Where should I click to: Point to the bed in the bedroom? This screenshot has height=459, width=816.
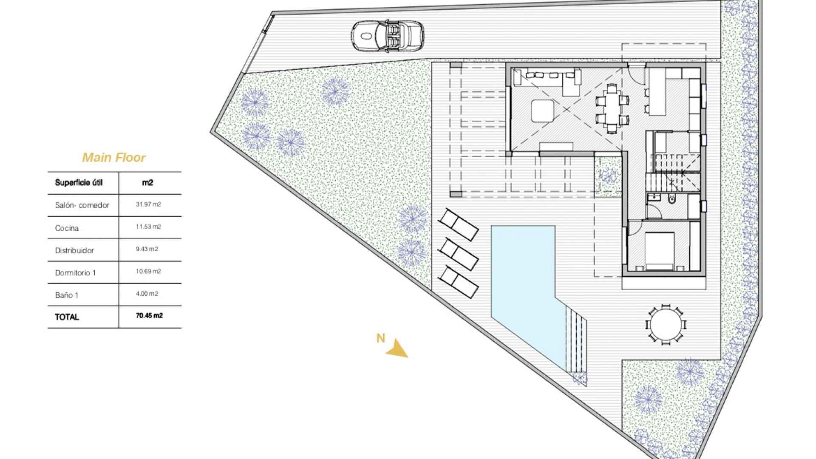click(x=660, y=251)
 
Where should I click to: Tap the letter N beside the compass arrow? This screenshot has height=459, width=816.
click(x=381, y=338)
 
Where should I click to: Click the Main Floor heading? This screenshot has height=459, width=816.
click(x=114, y=158)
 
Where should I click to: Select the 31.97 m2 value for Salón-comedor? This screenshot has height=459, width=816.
click(x=148, y=204)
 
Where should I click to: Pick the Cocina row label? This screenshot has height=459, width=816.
click(x=67, y=228)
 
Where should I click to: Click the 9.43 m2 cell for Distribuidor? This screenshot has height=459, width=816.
click(x=147, y=249)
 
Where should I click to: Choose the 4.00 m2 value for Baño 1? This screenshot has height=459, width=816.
click(x=147, y=294)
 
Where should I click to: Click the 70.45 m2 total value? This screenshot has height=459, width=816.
click(x=147, y=316)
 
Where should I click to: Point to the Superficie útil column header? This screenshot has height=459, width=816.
click(x=79, y=183)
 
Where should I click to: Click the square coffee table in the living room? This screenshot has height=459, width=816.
click(x=542, y=111)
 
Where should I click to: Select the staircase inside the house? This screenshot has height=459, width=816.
click(x=673, y=174)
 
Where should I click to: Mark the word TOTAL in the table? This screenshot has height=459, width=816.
click(x=67, y=317)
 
